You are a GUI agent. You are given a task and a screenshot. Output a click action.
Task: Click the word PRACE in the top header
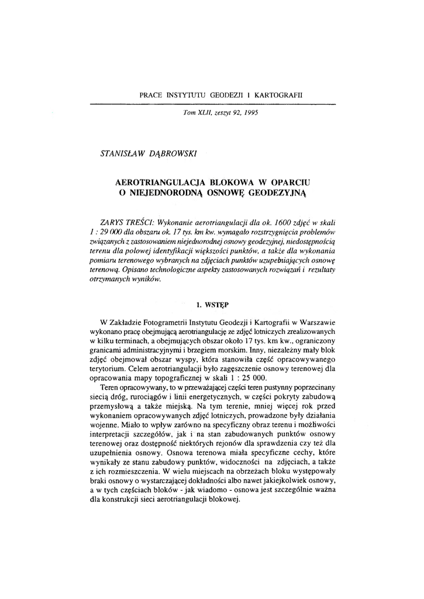(152, 94)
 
